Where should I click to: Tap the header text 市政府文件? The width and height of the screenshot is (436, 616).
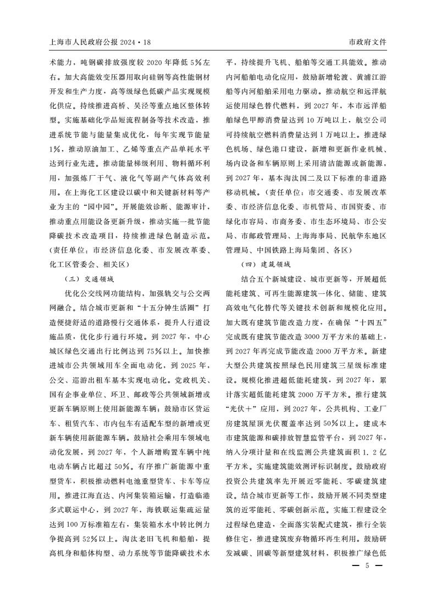[x=368, y=42]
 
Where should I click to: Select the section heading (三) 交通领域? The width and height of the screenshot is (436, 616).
[x=89, y=279]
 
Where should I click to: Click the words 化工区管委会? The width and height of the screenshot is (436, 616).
[x=69, y=265]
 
